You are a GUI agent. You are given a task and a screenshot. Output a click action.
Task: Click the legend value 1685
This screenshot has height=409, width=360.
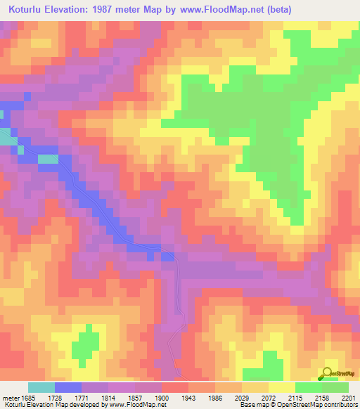(x=27, y=397)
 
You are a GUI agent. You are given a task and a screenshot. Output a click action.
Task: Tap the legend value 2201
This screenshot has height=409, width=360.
(x=348, y=397)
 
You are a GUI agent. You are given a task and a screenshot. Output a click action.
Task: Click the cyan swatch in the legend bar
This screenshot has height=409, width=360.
(x=41, y=387)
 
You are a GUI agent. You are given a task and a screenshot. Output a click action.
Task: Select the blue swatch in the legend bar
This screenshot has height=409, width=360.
(x=67, y=387)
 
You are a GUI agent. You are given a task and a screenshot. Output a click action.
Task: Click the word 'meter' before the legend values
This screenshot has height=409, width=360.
(x=11, y=397)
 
